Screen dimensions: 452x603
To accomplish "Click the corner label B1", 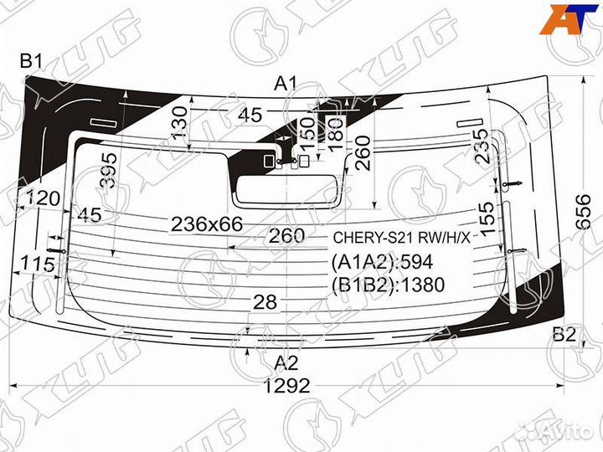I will [33, 61].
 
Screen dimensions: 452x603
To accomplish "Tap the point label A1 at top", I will [286, 83].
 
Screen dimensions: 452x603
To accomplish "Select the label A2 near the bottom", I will [286, 363].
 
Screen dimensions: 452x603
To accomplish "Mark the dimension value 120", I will [43, 199].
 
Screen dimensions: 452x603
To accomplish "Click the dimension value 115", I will [37, 265].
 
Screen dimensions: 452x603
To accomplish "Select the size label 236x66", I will [206, 223].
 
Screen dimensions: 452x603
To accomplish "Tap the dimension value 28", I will [265, 303].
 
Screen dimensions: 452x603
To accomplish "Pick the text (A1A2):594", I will [381, 262].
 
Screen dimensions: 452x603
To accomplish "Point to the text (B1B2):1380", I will [388, 285].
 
